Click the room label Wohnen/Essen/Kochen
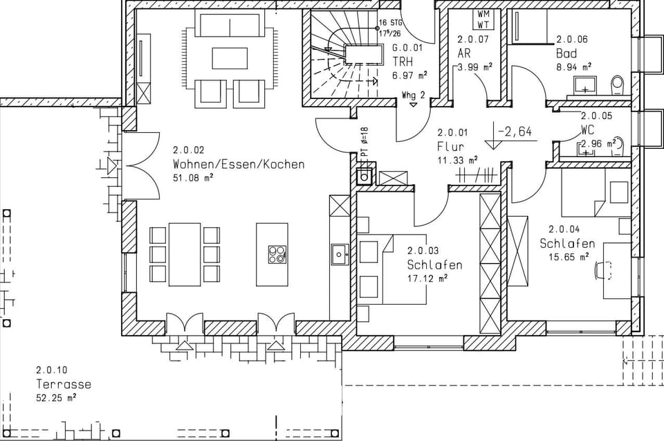click(238, 165)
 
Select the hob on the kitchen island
click(277, 254)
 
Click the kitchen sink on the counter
click(339, 254)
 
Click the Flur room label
click(450, 147)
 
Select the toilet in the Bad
click(617, 85)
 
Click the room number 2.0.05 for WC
click(596, 116)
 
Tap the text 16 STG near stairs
click(391, 23)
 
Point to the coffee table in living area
click(230, 58)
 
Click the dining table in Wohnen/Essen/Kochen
click(184, 254)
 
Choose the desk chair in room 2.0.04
click(599, 269)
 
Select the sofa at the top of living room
click(230, 23)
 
